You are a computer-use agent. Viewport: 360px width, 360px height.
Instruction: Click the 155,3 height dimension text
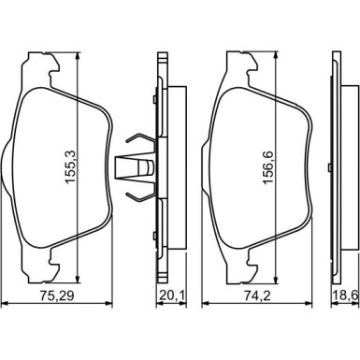click(x=71, y=167)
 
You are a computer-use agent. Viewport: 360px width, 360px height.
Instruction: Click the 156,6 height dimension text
click(x=268, y=167)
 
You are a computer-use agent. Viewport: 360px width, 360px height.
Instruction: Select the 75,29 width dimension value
click(x=57, y=295)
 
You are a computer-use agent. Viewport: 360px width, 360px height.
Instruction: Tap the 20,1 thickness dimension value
click(x=171, y=295)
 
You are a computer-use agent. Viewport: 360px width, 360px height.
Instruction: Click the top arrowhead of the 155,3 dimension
click(x=78, y=56)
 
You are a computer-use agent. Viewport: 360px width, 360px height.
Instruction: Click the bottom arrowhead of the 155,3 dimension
click(x=78, y=280)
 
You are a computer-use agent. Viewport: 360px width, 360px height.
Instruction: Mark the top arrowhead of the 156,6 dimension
click(x=275, y=54)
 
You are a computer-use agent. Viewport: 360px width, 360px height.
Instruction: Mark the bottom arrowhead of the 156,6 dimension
click(x=275, y=280)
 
